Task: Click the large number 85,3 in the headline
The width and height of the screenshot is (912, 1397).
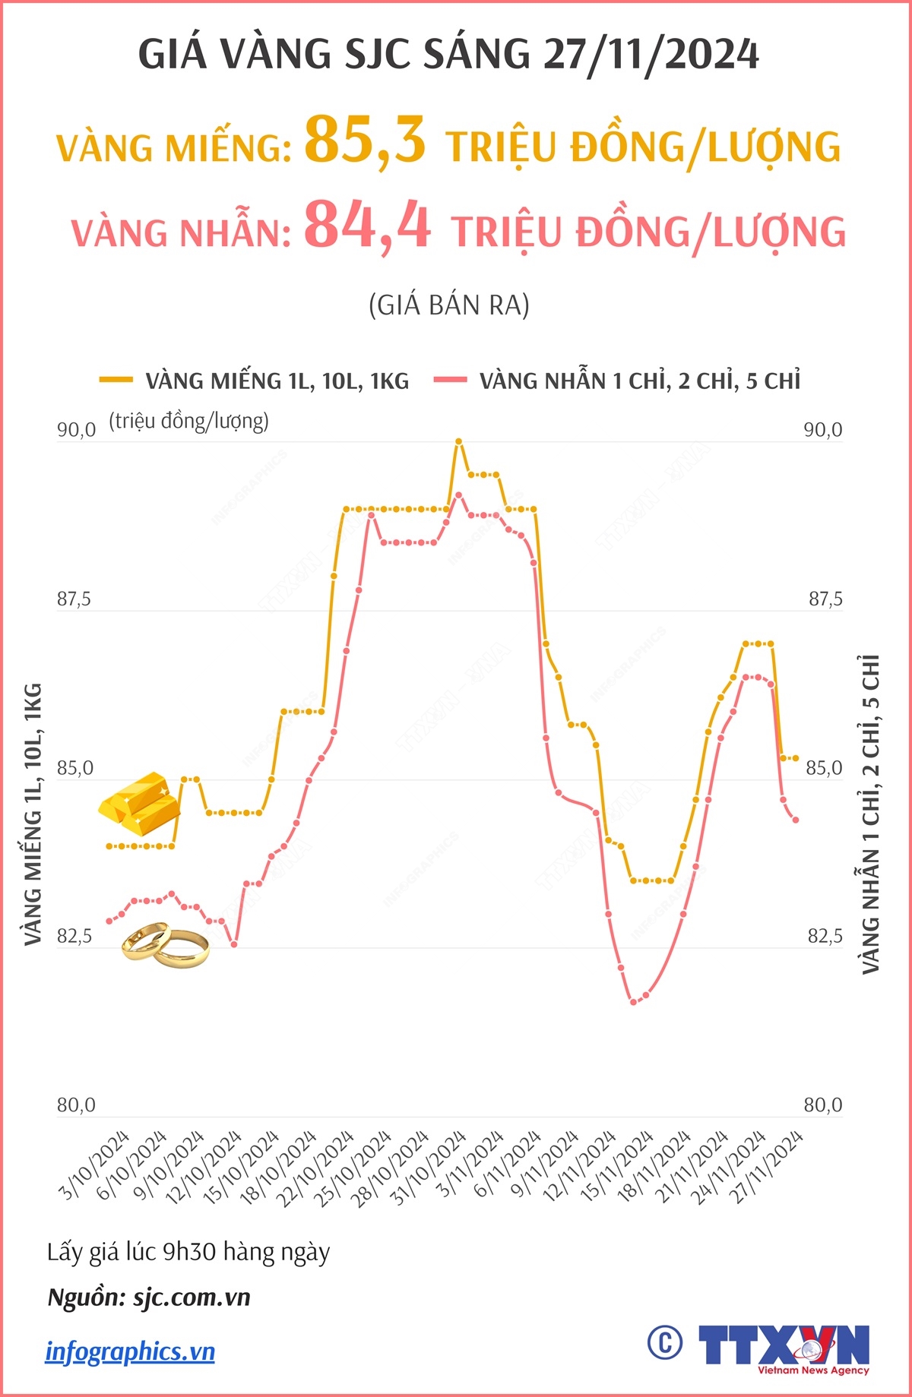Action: [365, 140]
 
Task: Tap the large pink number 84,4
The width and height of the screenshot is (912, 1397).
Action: [368, 225]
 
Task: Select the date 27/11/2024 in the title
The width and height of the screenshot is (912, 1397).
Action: [651, 55]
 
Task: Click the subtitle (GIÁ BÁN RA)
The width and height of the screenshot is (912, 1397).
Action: [448, 305]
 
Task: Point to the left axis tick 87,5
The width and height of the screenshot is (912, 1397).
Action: [74, 599]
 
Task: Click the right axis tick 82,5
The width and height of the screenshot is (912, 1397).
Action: [825, 936]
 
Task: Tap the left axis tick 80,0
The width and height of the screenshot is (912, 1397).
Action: [76, 1105]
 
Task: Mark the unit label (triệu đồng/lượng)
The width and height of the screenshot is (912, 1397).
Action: [188, 422]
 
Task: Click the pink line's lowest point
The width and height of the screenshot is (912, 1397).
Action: [633, 1002]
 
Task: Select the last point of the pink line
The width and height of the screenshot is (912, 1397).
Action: [796, 820]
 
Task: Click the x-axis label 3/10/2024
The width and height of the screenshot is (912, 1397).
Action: [95, 1165]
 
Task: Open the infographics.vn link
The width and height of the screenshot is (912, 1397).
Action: [130, 1351]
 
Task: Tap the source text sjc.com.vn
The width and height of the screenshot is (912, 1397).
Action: [192, 1297]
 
